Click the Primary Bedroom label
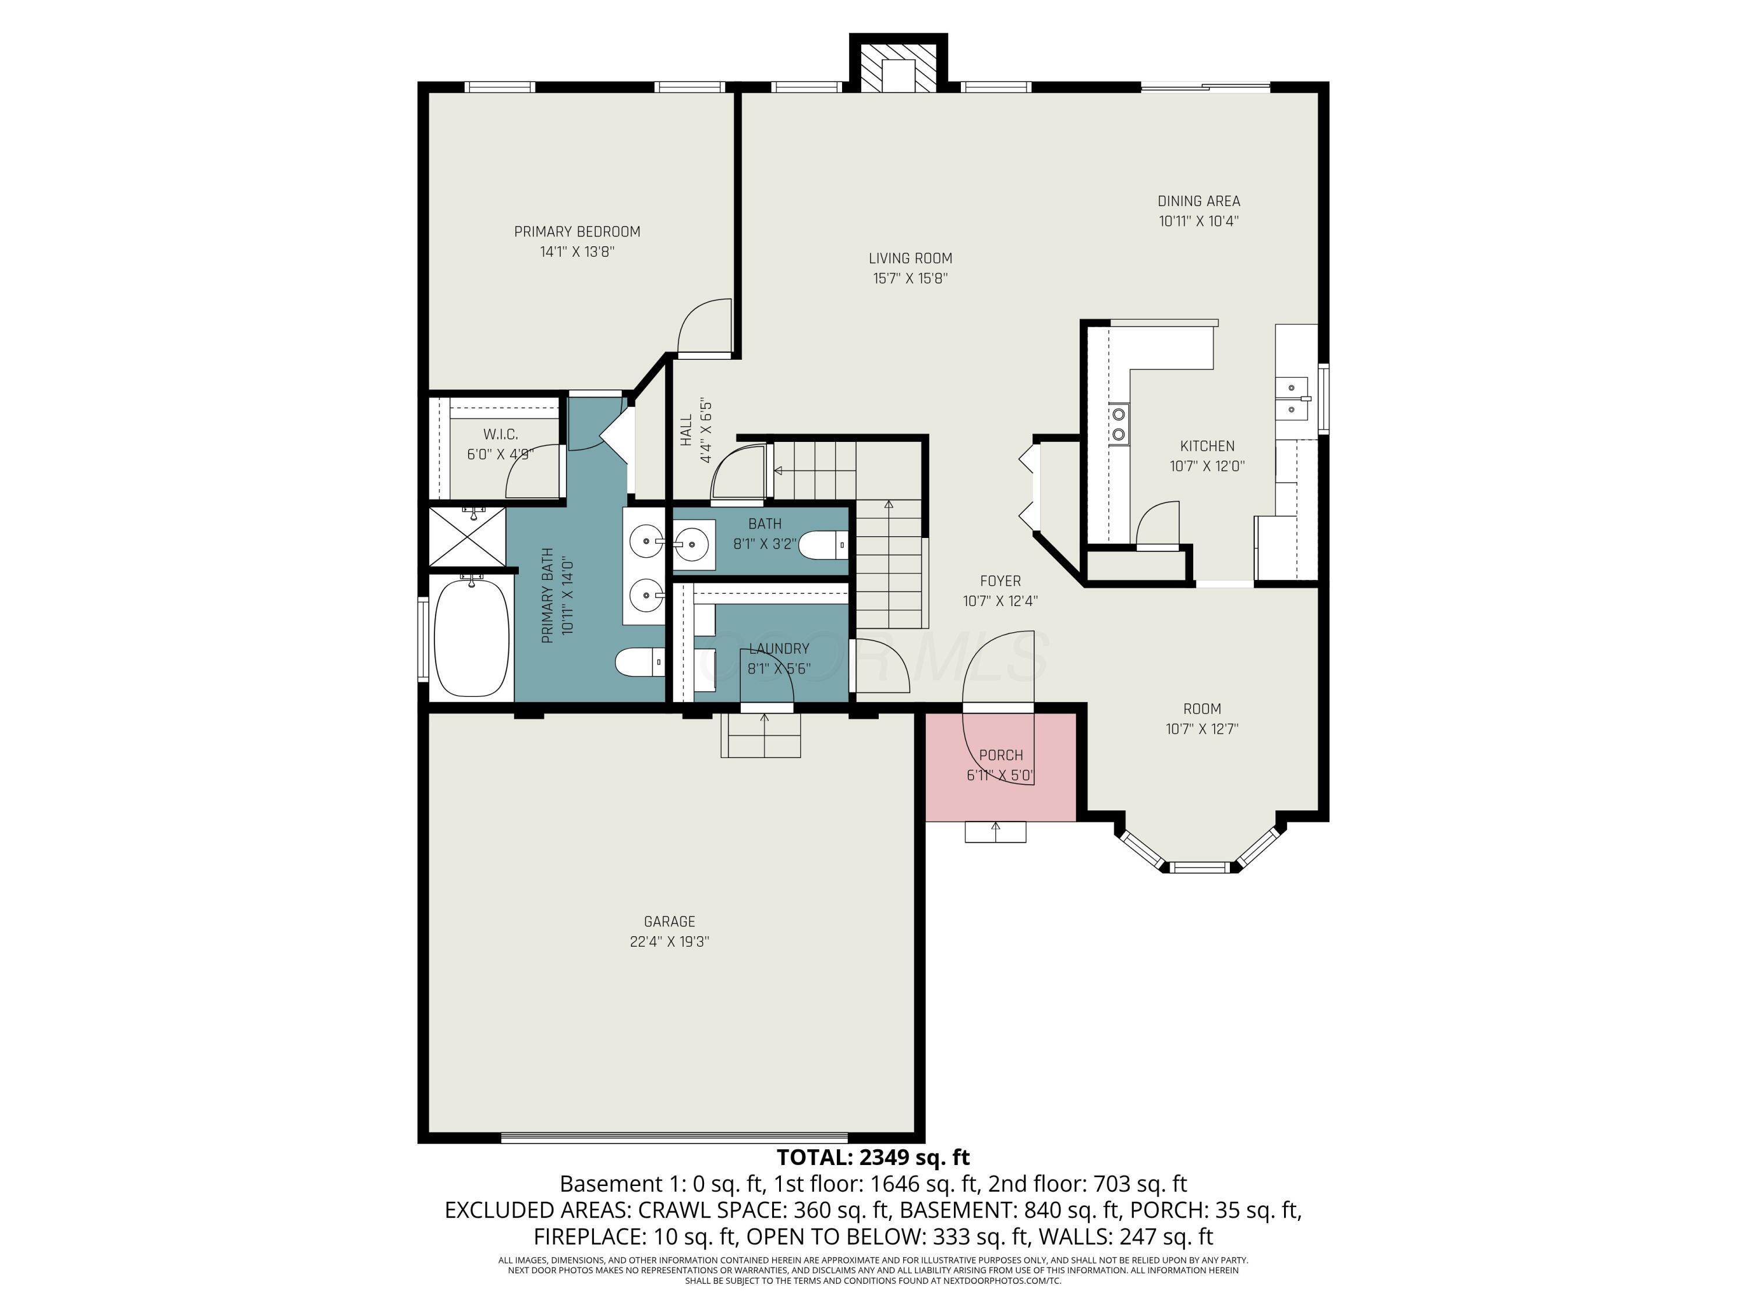577,231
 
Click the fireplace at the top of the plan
898,63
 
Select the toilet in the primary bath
641,663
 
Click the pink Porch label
1000,756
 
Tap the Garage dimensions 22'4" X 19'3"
670,941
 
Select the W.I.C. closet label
501,434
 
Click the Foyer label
1000,581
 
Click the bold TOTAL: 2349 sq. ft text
873,1157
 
